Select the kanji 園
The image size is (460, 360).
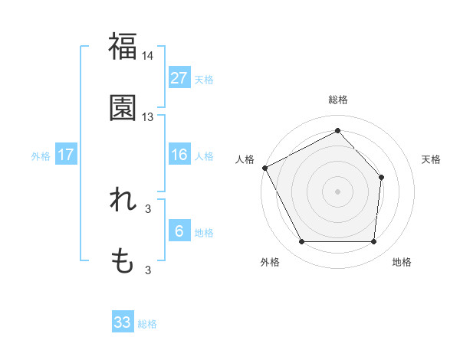click(x=123, y=108)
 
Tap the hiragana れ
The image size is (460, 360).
click(x=123, y=200)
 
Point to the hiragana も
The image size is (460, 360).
click(x=123, y=262)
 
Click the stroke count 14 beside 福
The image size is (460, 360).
click(x=148, y=55)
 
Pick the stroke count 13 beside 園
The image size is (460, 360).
click(x=148, y=117)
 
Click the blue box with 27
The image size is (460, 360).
click(x=179, y=78)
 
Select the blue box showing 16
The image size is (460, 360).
click(x=179, y=155)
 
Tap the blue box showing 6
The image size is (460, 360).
click(x=179, y=231)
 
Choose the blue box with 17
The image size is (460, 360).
click(x=66, y=155)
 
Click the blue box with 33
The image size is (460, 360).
click(x=123, y=322)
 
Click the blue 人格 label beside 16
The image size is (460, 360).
click(x=204, y=156)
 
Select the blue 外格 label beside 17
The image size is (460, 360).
click(x=41, y=156)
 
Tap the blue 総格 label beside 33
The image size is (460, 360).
click(x=147, y=324)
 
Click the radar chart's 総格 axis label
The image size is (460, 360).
click(x=337, y=100)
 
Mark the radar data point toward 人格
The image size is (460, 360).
click(x=264, y=168)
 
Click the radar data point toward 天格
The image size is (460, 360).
click(x=382, y=177)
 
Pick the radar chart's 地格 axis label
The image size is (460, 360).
click(x=402, y=263)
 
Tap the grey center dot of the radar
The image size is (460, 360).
click(x=337, y=191)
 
